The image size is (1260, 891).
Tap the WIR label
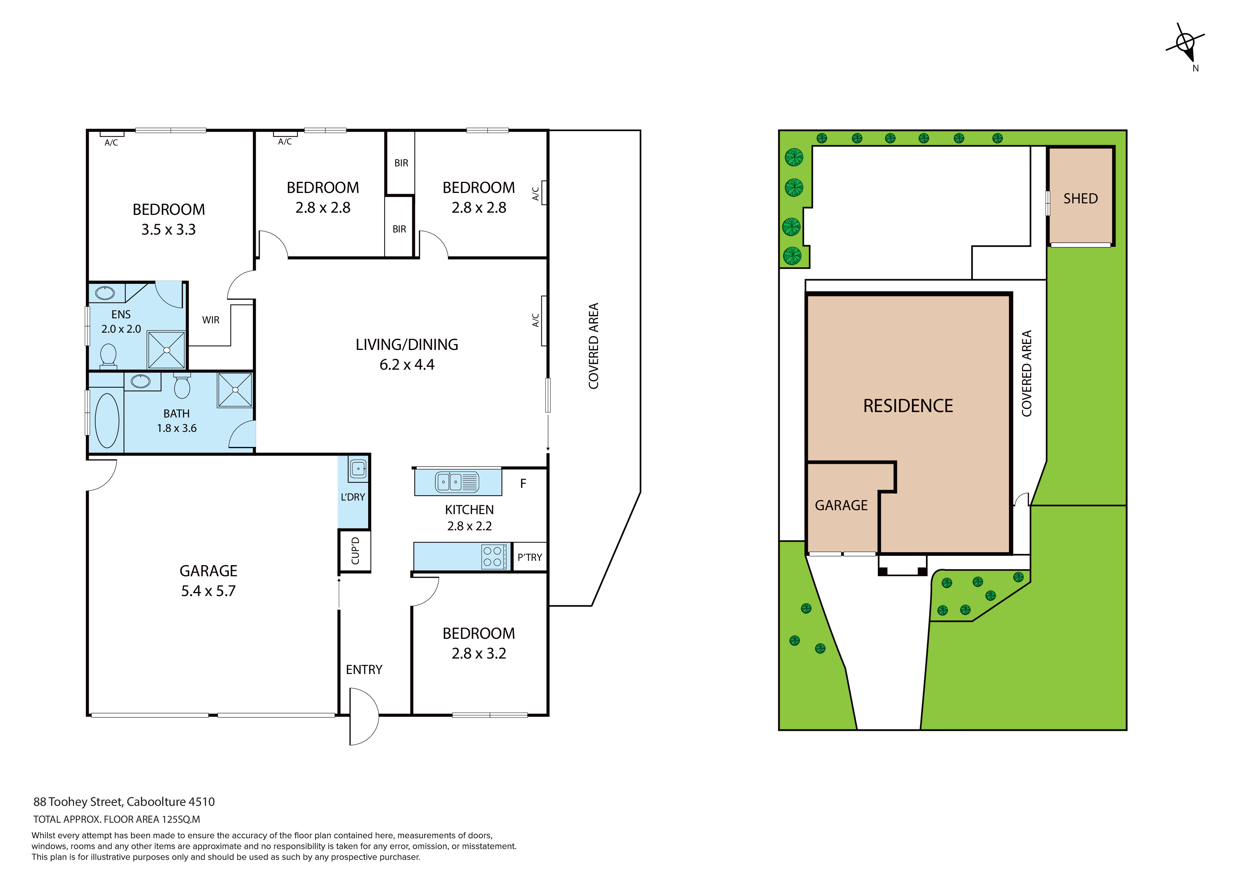pos(211,320)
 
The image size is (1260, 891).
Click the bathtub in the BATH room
pos(107,420)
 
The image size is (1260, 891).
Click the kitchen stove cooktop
pos(493,556)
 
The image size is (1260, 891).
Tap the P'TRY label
pos(529,557)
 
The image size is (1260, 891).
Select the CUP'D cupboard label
pos(356,551)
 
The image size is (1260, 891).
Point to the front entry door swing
pos(365,716)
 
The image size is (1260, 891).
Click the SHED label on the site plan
pos(1080,199)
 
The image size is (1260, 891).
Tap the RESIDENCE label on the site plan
pos(908,406)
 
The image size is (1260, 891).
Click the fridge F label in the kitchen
pos(523,484)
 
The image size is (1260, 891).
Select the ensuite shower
pos(167,350)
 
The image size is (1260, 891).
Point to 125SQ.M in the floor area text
pos(181,819)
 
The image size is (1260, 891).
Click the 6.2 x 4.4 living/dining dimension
pos(407,365)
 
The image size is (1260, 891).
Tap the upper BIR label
pos(401,163)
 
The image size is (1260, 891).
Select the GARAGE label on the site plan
pos(841,505)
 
